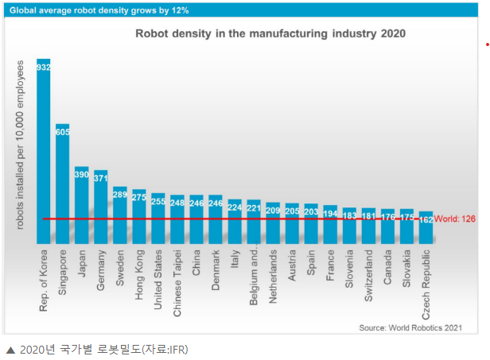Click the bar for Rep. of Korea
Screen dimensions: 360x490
click(44, 151)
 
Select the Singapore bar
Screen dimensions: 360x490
click(63, 183)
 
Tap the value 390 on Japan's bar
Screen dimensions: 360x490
click(82, 173)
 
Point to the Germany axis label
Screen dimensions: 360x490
click(101, 271)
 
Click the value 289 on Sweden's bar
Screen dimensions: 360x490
click(120, 193)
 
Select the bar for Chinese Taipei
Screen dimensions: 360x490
click(177, 219)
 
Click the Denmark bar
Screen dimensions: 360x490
click(216, 219)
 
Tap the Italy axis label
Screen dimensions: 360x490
click(235, 261)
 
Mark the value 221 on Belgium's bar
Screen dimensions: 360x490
click(254, 209)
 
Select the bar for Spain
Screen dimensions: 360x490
click(311, 223)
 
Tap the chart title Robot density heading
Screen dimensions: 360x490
click(270, 33)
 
